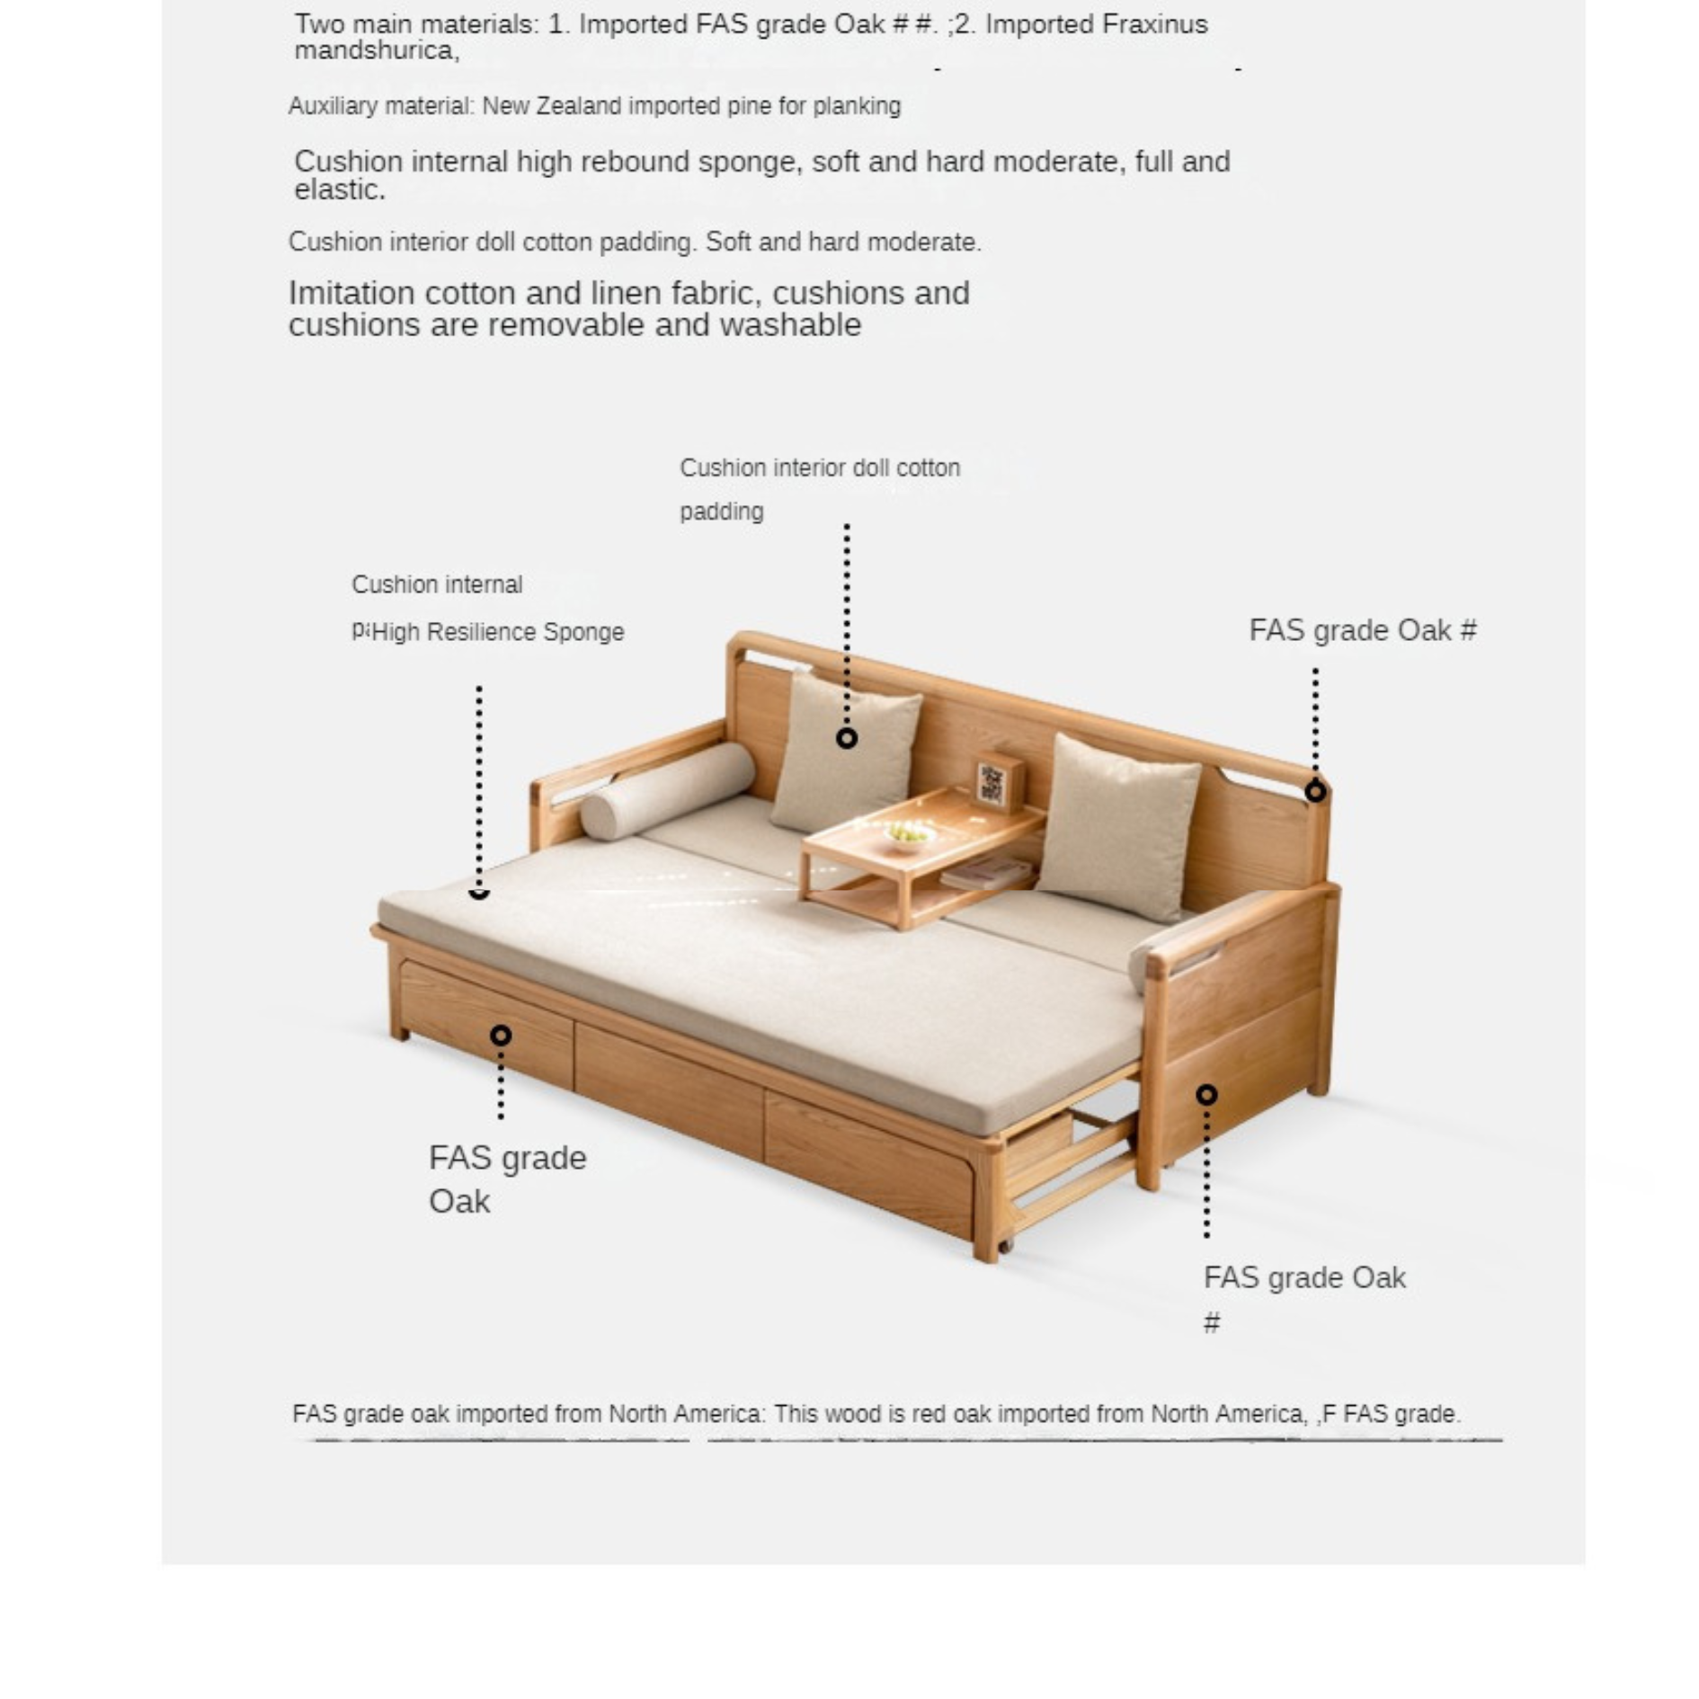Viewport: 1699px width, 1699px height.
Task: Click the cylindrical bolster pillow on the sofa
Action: (666, 789)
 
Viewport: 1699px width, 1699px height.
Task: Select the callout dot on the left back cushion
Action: (846, 738)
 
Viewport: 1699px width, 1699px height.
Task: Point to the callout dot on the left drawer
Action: (501, 1036)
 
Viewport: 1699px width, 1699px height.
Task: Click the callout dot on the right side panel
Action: (1206, 1094)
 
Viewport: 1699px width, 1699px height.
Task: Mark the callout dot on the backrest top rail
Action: (1315, 791)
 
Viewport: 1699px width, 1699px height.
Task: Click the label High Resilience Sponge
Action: (497, 632)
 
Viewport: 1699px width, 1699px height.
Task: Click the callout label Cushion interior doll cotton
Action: (819, 467)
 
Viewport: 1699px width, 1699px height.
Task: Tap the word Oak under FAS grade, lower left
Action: (459, 1202)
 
